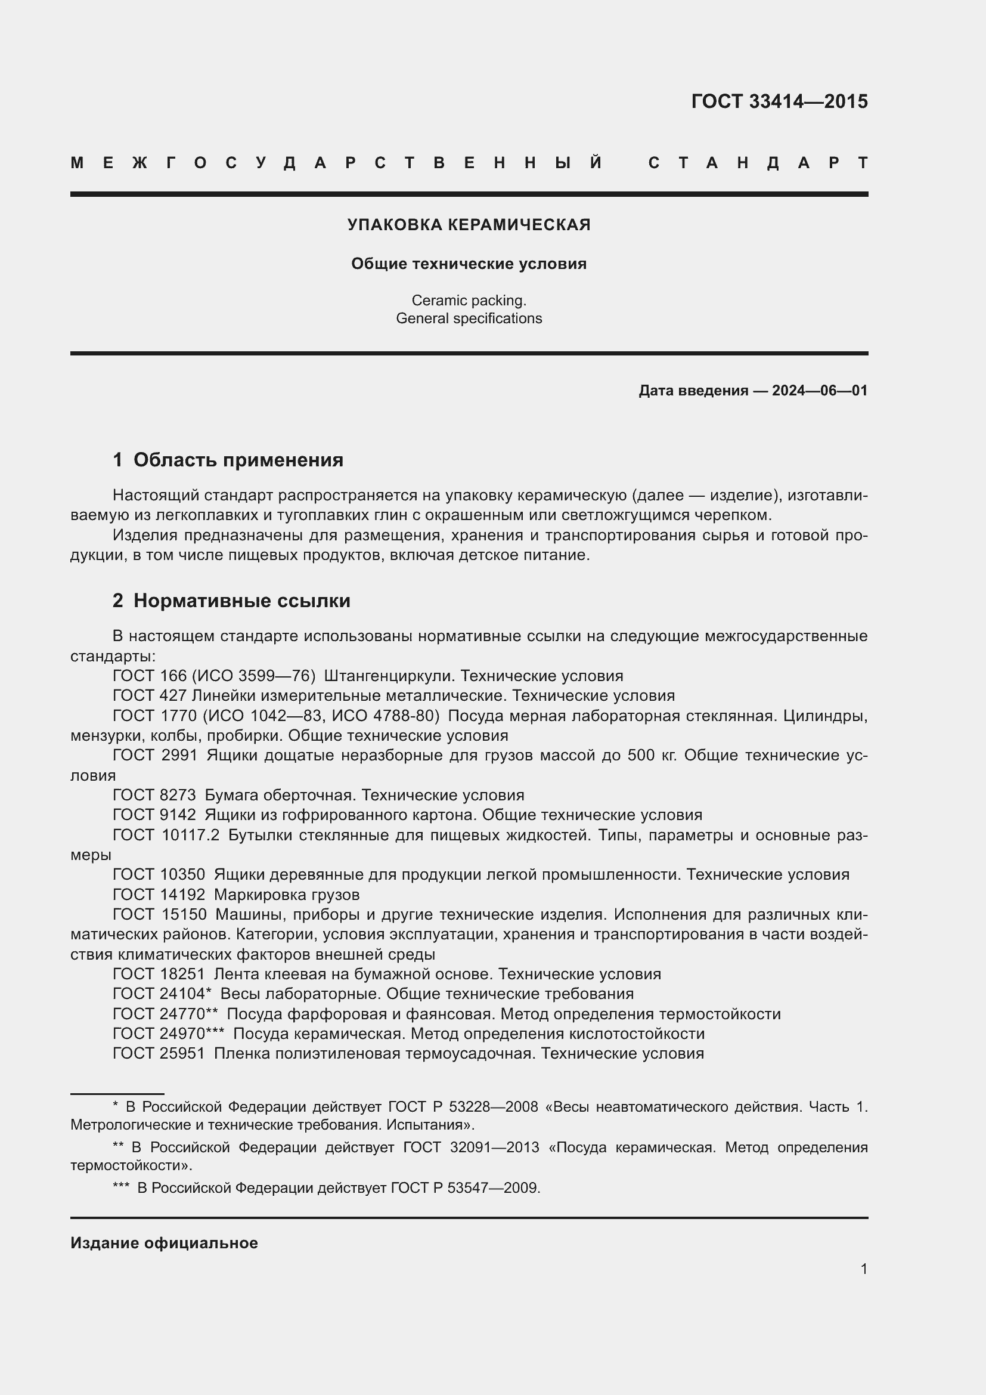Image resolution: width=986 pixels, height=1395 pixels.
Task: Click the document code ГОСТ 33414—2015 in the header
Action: [779, 101]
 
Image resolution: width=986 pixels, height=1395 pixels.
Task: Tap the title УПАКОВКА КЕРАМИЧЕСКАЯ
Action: [469, 225]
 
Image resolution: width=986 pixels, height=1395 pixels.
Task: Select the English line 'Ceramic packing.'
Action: [469, 300]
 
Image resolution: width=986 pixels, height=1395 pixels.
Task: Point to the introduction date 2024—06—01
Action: [819, 391]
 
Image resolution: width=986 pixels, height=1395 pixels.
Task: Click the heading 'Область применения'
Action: [238, 460]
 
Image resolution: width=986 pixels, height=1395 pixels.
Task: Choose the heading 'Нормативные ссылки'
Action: [241, 601]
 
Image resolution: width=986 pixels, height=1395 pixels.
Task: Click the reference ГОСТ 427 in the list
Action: [150, 695]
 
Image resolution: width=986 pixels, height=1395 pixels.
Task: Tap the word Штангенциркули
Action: [389, 676]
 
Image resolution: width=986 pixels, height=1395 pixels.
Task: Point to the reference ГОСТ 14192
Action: [159, 895]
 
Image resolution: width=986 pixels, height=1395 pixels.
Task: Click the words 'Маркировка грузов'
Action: [287, 895]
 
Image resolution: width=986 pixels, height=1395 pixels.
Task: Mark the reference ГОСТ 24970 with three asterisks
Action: [168, 1034]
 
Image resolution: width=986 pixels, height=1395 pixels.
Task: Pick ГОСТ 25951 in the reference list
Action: [159, 1053]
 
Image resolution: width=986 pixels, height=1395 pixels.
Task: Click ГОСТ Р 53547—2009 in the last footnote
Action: [465, 1187]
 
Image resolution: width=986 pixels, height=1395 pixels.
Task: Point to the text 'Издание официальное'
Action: [164, 1242]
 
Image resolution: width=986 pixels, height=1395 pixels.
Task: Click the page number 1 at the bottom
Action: [863, 1269]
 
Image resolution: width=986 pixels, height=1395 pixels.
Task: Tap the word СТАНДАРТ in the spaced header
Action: [758, 163]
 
